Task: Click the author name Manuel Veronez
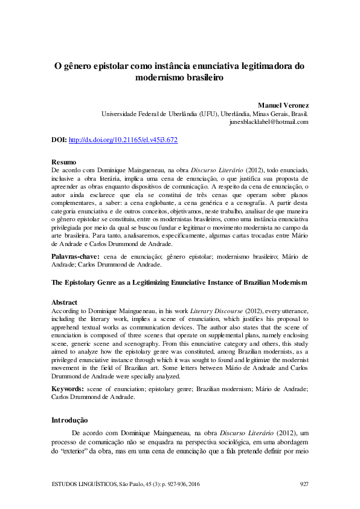283,105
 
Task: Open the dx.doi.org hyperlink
123,140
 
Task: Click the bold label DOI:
59,140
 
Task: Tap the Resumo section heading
63,163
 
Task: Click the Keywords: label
70,389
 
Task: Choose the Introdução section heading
69,420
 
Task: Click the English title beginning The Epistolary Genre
179,283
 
